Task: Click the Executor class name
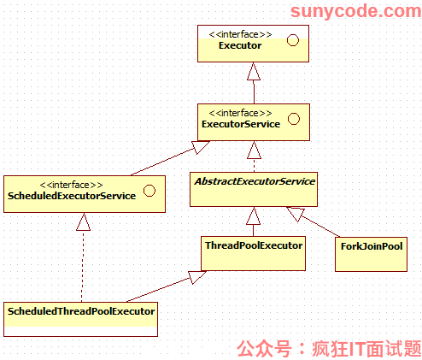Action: [x=240, y=45]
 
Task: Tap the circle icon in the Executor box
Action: [x=293, y=40]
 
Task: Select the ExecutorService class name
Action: [x=241, y=124]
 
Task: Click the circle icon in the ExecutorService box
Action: [x=294, y=119]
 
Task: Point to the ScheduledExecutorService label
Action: [x=72, y=196]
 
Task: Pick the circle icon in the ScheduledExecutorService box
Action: [x=149, y=191]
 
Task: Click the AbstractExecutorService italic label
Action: [x=255, y=181]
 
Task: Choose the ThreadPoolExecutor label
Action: [x=254, y=245]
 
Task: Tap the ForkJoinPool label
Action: [x=372, y=246]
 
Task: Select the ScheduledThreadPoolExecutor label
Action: [x=81, y=311]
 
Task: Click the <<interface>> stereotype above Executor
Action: [x=240, y=34]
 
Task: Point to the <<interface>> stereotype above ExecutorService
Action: [x=240, y=113]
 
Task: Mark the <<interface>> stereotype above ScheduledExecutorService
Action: [x=71, y=185]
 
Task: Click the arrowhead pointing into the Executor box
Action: [x=254, y=71]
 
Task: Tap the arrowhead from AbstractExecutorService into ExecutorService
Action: [x=254, y=150]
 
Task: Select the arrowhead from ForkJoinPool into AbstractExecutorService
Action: [x=296, y=213]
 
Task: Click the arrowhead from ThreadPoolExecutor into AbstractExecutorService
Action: [x=253, y=215]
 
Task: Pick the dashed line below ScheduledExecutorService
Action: [x=83, y=266]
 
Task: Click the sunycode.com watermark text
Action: [x=355, y=11]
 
